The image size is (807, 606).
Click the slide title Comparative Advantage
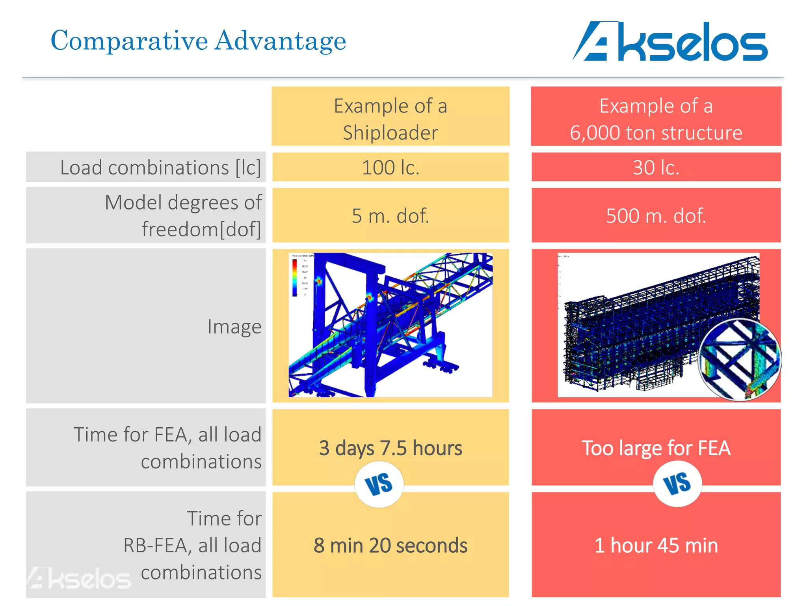tap(198, 41)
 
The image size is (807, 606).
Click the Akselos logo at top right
tap(669, 42)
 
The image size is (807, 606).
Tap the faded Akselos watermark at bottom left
tap(79, 578)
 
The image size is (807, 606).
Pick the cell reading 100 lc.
tap(390, 168)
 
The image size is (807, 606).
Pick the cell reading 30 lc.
tap(656, 168)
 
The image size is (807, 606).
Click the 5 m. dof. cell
tap(390, 216)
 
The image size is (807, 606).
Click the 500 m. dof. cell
tap(656, 216)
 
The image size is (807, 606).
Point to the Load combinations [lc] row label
tap(160, 168)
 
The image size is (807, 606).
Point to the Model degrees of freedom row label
tap(182, 216)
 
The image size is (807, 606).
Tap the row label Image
tap(234, 327)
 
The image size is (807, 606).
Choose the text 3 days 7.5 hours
tap(390, 448)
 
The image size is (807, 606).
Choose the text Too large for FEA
tap(656, 448)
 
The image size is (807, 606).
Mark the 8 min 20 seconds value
tap(390, 546)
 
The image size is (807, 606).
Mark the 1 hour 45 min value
tap(656, 546)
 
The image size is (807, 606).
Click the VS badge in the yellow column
tap(379, 484)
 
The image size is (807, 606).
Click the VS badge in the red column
tap(677, 483)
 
